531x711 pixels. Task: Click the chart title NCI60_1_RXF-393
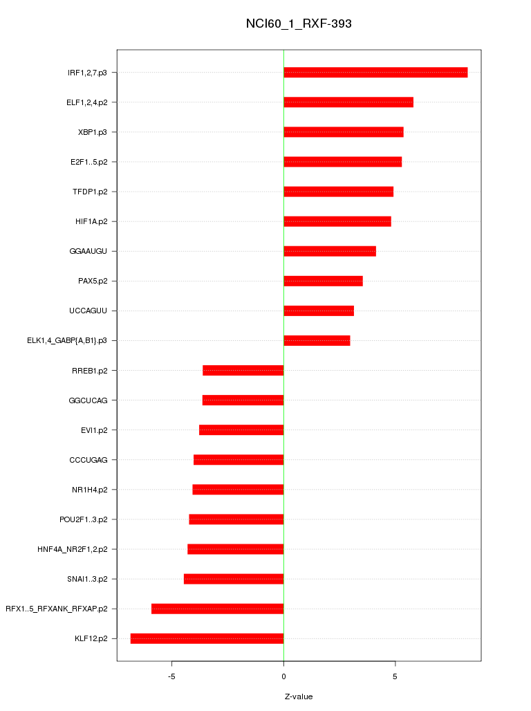coord(299,24)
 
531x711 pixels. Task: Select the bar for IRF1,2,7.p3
coord(375,73)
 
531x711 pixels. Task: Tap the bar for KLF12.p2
coord(207,638)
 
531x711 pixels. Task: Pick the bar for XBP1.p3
coord(344,132)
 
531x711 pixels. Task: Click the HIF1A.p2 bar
coord(337,221)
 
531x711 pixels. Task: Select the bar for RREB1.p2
coord(243,371)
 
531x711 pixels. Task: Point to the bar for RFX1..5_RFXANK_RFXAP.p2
coord(218,609)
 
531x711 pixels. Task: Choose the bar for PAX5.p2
coord(323,281)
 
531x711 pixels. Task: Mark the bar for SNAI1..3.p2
coord(234,579)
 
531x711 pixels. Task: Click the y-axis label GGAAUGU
coord(93,251)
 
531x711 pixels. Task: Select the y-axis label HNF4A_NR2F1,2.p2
coord(77,549)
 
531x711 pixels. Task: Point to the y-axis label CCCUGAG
coord(93,460)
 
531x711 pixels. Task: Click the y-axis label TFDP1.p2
coord(94,192)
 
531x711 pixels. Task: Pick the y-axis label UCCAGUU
coord(93,311)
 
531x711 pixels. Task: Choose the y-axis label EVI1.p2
coord(98,430)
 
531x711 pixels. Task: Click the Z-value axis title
coord(299,696)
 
